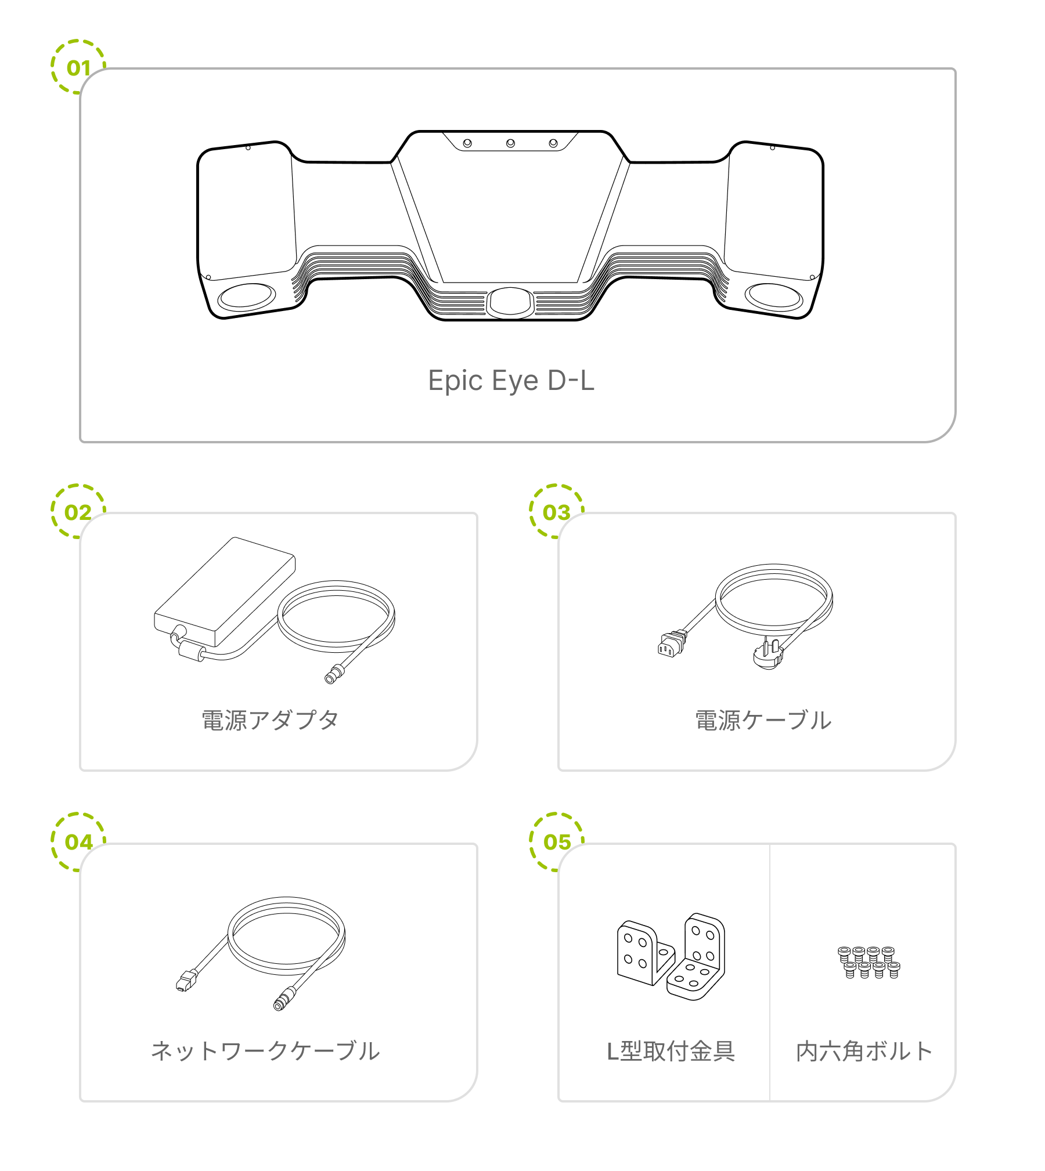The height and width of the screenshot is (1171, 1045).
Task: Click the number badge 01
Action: (x=78, y=68)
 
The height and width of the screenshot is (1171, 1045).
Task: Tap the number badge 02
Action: (x=78, y=512)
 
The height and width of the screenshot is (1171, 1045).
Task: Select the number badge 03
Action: (x=556, y=512)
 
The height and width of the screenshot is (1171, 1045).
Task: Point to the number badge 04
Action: (x=78, y=841)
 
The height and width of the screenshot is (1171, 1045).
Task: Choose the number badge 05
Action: (x=557, y=841)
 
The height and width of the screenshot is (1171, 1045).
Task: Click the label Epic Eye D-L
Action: (x=511, y=381)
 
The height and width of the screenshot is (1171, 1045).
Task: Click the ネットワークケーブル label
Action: (x=265, y=1051)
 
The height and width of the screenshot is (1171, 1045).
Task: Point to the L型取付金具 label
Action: (x=671, y=1051)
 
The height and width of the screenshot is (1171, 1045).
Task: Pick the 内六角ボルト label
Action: (x=864, y=1051)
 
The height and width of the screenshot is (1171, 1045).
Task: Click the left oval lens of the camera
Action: (x=246, y=297)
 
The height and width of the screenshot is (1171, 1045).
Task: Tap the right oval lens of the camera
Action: (x=774, y=297)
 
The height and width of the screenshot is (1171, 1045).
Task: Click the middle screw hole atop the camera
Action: (x=510, y=143)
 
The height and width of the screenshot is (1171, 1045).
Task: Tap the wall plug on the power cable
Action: (x=769, y=655)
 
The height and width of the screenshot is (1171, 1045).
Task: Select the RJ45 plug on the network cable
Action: (x=184, y=982)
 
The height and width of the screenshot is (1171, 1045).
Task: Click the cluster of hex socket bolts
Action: (x=869, y=962)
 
